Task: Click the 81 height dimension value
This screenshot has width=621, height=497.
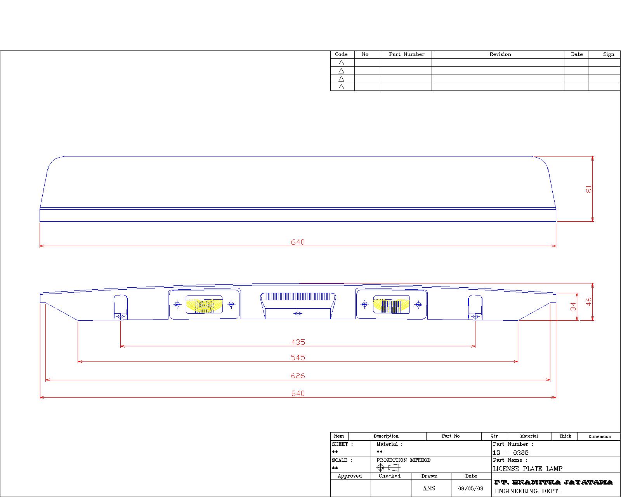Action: [588, 189]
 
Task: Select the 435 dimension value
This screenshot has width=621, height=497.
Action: [298, 342]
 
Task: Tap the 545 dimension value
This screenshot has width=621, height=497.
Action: [298, 358]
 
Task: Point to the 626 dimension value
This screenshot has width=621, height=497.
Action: [298, 376]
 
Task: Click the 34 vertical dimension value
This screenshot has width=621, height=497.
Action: [573, 306]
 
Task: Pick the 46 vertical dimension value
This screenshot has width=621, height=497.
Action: [588, 302]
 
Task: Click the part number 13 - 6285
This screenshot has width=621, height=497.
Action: [510, 452]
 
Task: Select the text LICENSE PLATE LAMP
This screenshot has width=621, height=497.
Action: [527, 469]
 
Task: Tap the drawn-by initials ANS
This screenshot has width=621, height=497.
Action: [429, 488]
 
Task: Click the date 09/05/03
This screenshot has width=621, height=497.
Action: [471, 488]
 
